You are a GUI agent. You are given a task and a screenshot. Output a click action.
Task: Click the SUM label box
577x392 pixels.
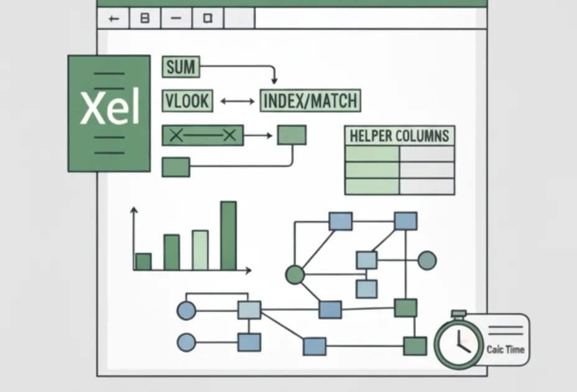coord(181,67)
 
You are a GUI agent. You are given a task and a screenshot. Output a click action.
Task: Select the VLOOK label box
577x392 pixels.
coord(187,101)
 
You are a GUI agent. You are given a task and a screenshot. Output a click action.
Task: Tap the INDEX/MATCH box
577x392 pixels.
coord(310,101)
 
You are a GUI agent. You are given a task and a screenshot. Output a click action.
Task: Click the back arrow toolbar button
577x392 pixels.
coord(114,19)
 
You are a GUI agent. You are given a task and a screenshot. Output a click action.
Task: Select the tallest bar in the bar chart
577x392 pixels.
coord(228,235)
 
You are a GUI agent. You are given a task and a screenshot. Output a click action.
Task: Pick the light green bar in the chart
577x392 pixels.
coord(200,250)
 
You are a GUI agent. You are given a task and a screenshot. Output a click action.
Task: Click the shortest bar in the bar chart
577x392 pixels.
coord(144,261)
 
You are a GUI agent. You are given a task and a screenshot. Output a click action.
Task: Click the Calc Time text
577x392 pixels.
coord(505,349)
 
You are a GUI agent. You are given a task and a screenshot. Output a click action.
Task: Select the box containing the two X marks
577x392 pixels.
coord(203,135)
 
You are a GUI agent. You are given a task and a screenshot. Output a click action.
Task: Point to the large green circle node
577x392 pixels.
coord(295,274)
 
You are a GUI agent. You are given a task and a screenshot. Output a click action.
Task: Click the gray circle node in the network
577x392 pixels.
coord(427,260)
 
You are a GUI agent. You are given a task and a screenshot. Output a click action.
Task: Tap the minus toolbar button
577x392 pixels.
coord(177,19)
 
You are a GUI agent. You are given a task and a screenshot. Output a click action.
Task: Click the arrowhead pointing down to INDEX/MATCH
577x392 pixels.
coord(274,80)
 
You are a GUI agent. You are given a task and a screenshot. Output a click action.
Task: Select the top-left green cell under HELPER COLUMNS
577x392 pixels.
coord(372,154)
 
